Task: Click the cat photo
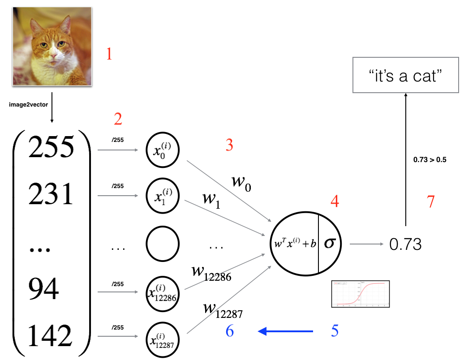tap(52, 46)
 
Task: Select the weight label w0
tap(241, 182)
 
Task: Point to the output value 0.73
tap(405, 244)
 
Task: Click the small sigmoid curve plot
tap(361, 294)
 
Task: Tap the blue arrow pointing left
tap(285, 331)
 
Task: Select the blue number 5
tap(335, 331)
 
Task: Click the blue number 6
tap(229, 331)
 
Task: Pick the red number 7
tap(430, 202)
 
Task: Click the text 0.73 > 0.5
tap(430, 159)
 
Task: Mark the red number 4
tap(335, 202)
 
